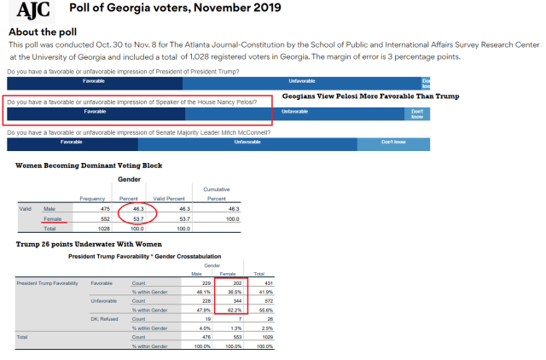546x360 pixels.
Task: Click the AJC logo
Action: [x=32, y=11]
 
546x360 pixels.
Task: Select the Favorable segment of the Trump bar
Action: [x=94, y=82]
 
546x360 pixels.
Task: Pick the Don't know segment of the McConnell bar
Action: [x=393, y=142]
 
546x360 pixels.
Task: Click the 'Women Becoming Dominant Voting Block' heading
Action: [x=90, y=165]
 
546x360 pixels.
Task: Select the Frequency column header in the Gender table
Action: [x=92, y=199]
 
